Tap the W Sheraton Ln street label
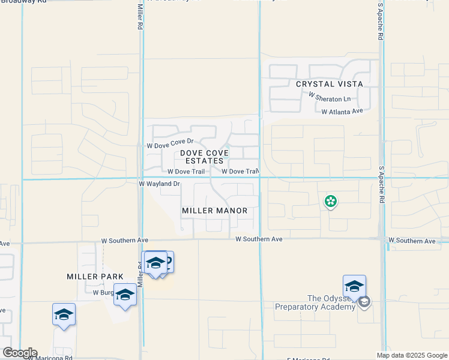coord(329,98)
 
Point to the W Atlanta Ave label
coord(342,112)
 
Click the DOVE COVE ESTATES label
coord(204,157)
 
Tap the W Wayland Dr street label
coord(159,184)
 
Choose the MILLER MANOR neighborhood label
coord(215,211)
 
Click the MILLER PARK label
coord(95,277)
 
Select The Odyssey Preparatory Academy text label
coord(315,303)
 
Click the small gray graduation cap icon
coord(364,302)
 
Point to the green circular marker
coord(330,202)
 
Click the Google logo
coord(19,353)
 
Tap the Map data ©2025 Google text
coord(411,355)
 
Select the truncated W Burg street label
coord(102,293)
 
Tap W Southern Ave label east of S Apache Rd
coord(412,241)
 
